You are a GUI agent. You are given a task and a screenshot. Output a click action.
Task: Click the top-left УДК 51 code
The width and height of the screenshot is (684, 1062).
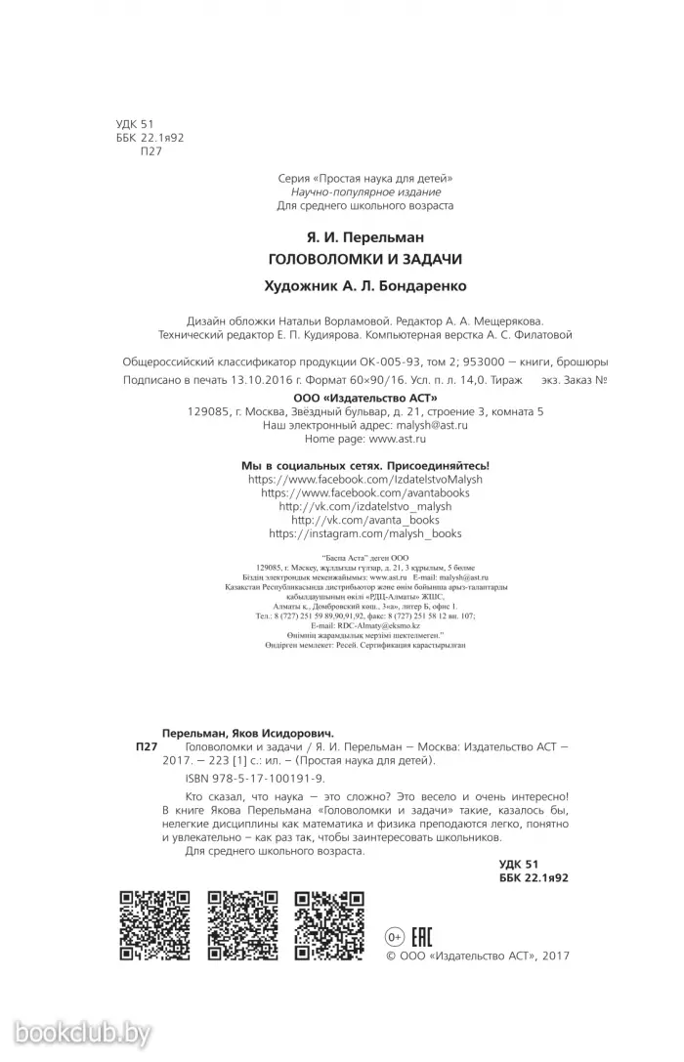134,124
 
